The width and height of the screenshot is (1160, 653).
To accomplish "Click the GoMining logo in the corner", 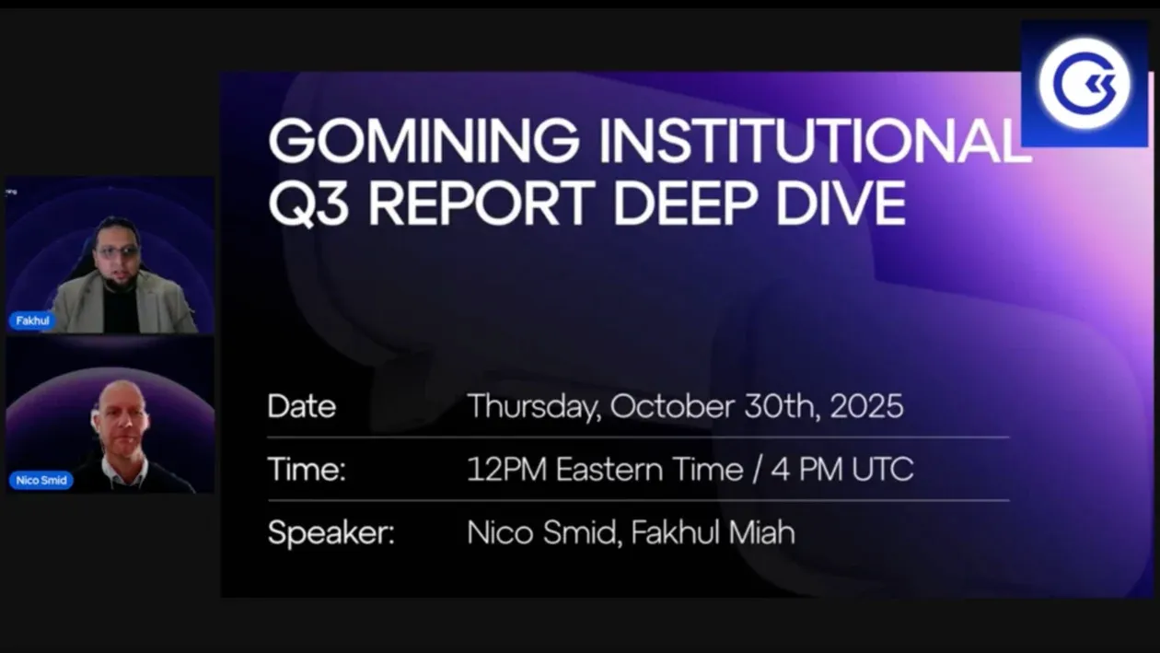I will point(1085,84).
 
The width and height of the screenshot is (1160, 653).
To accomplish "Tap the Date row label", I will point(302,406).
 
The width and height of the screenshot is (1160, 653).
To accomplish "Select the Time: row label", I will point(307,470).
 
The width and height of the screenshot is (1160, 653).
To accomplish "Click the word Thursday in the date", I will point(532,406).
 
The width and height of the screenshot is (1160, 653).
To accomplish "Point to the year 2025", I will point(866,406).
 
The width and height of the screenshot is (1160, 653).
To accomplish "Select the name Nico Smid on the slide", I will point(541,532).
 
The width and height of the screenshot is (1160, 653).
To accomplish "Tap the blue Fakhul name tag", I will point(33,321).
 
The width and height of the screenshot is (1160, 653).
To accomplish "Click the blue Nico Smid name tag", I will point(41,480).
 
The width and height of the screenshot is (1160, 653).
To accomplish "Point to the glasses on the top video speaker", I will point(120,251).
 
